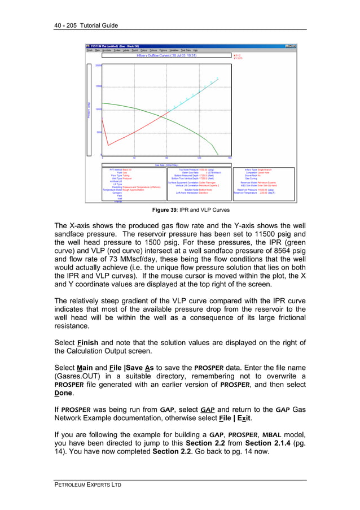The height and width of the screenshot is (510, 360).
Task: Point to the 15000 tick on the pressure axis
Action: pos(98,86)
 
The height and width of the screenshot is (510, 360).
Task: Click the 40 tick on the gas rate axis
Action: pos(134,158)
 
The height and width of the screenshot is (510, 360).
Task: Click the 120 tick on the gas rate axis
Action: pos(199,158)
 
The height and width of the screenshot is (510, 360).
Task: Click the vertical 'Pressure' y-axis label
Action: pos(89,110)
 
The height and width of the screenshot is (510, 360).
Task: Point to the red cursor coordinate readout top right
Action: pos(237,56)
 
